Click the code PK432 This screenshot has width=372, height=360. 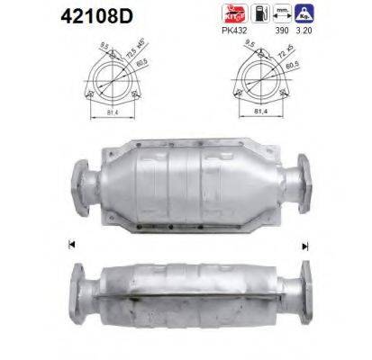pos(260,31)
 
